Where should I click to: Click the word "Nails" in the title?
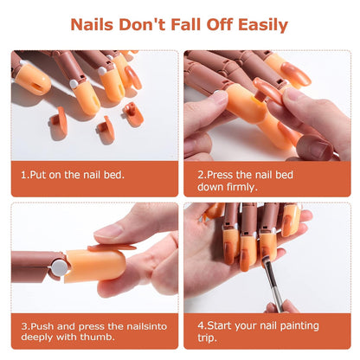click(98, 25)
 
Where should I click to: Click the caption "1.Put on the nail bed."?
click(73, 174)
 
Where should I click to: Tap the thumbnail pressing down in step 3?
click(110, 231)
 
